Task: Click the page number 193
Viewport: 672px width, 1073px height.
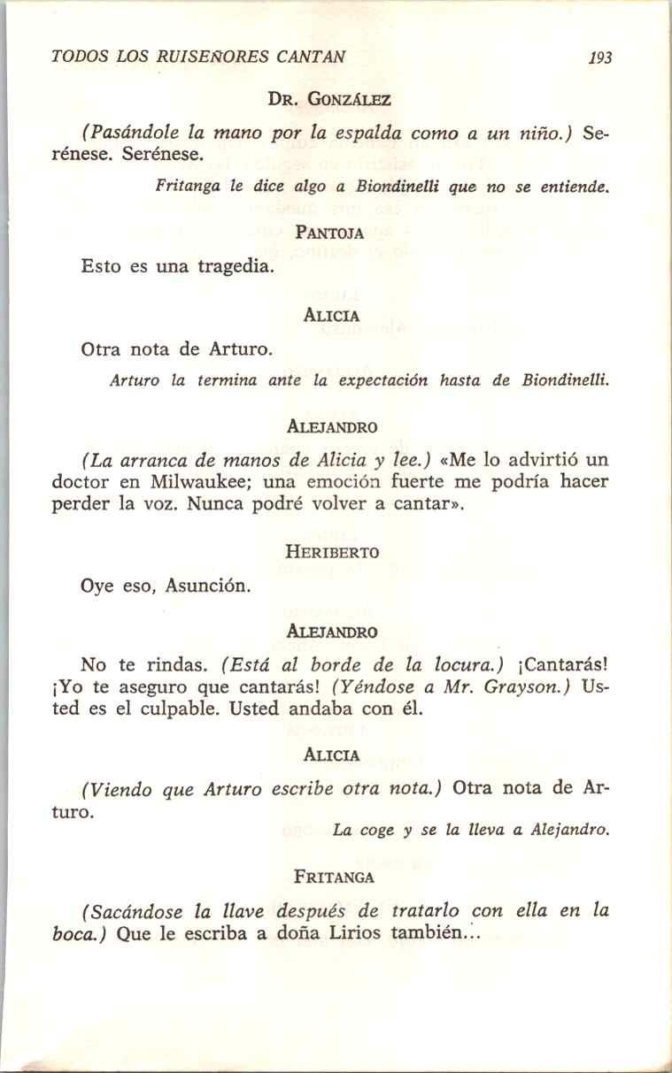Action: coord(600,57)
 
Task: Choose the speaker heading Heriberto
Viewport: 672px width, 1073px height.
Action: coord(332,552)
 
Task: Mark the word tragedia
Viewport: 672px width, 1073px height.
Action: coord(228,265)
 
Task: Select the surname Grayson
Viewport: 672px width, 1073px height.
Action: coord(527,688)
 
